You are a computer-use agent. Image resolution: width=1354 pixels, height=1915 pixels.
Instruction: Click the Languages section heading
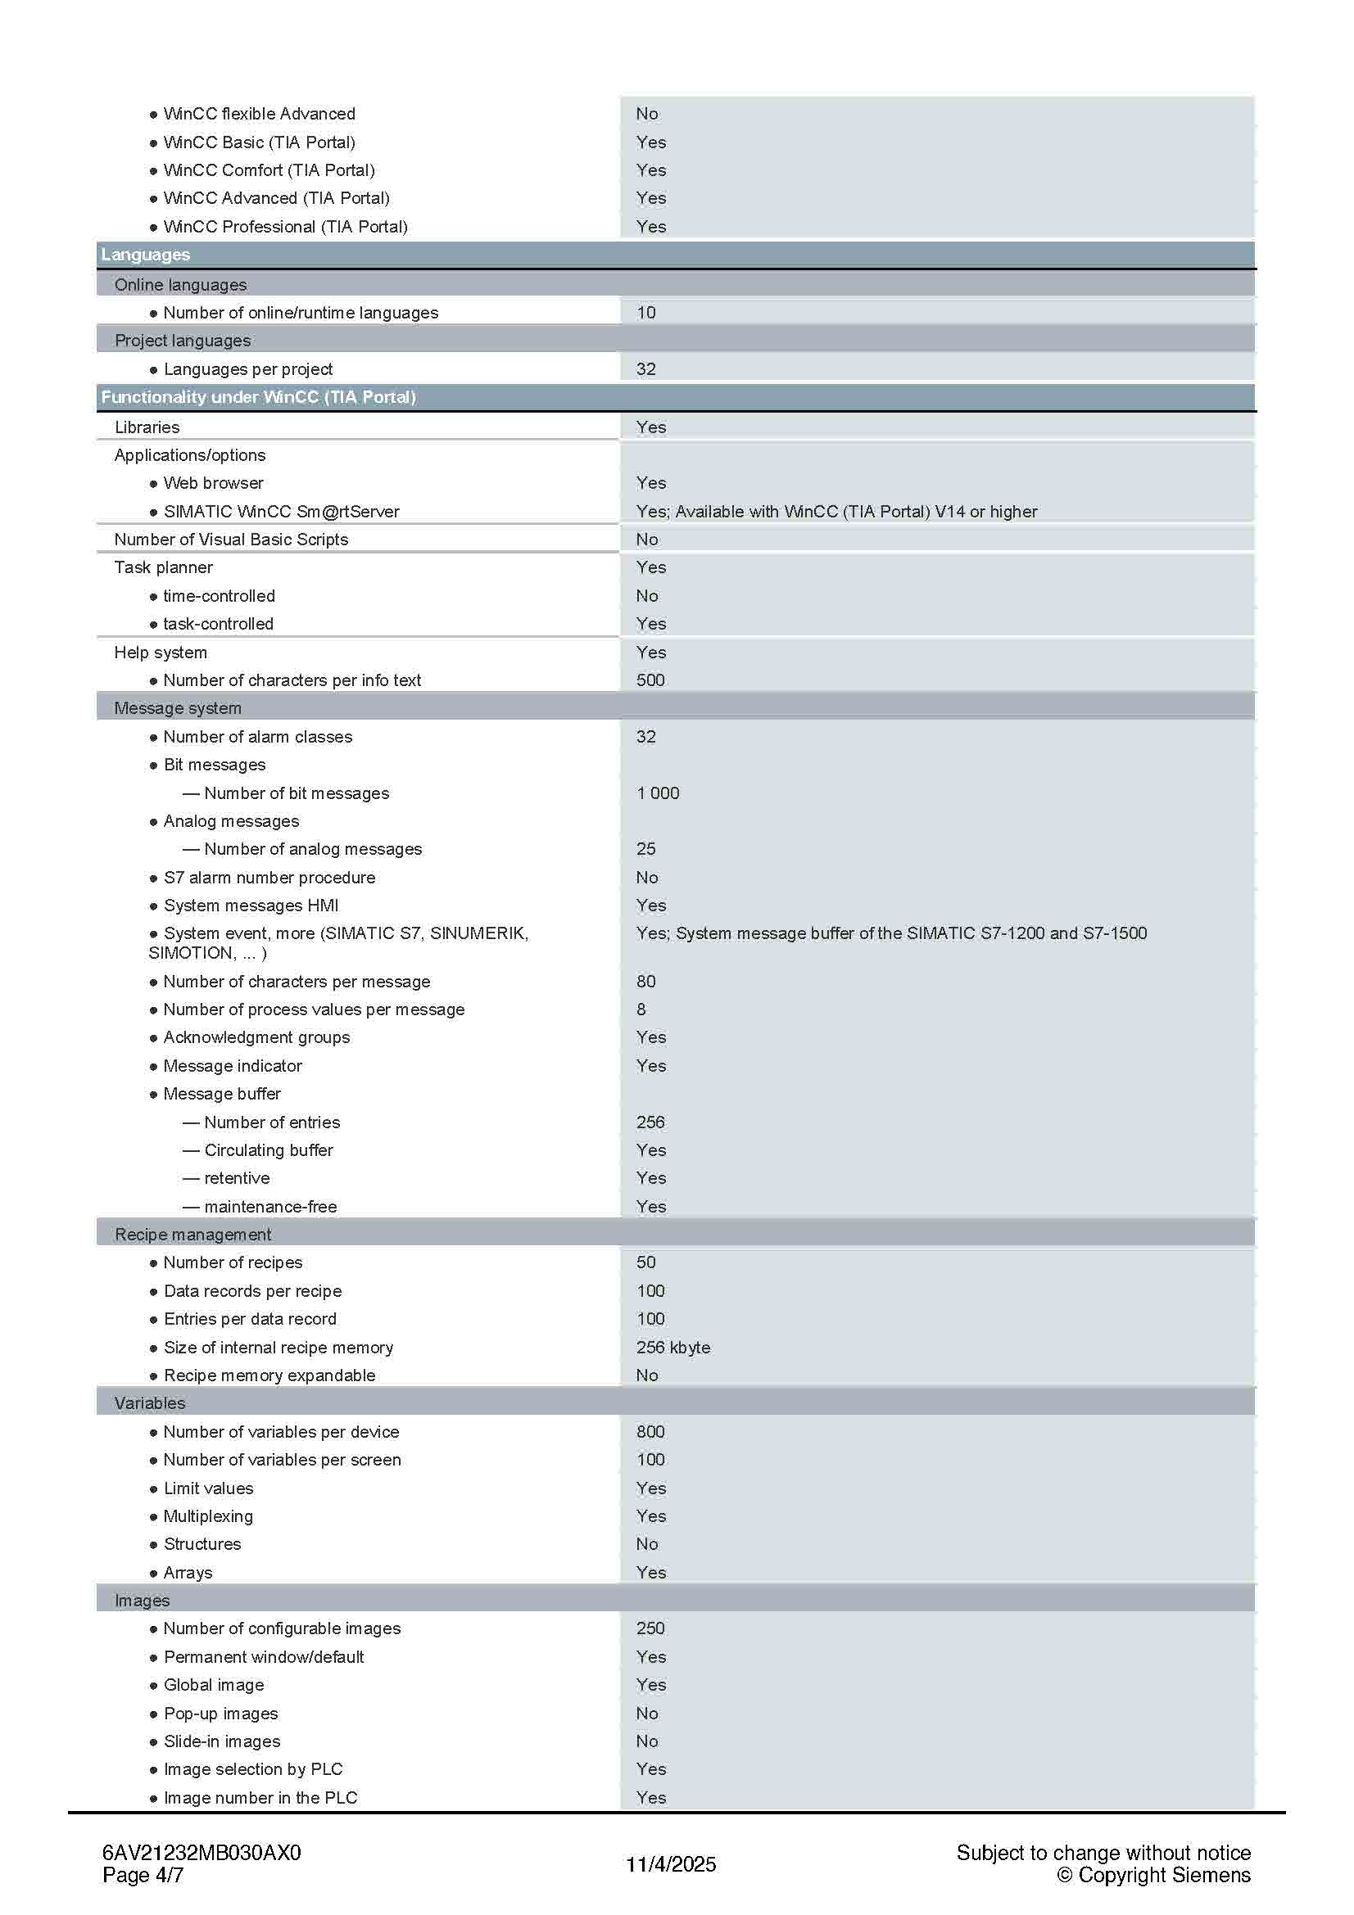(x=145, y=255)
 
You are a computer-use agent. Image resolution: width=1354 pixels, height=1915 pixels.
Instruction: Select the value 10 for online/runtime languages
(x=645, y=313)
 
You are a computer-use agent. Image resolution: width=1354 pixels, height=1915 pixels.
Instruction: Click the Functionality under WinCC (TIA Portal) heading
(x=259, y=397)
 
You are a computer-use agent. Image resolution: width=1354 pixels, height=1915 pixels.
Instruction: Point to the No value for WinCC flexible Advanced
(x=646, y=114)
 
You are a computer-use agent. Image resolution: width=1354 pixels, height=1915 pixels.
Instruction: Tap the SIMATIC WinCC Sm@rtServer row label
(x=281, y=511)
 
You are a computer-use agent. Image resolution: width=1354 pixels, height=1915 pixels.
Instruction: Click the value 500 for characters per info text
(x=650, y=680)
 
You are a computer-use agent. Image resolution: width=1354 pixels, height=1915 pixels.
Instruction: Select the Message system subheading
(x=178, y=708)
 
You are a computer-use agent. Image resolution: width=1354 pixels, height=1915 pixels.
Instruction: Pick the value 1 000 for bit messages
(x=658, y=793)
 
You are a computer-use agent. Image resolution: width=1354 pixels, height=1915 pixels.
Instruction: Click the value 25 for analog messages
(x=645, y=849)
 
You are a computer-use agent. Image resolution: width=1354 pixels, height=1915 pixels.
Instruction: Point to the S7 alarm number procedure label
(x=269, y=878)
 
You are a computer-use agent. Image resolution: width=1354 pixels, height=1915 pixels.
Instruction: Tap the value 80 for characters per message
(x=645, y=982)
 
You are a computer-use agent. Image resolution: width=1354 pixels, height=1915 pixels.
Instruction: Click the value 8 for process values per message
(x=641, y=1009)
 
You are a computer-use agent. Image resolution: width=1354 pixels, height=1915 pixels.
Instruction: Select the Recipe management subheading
(x=192, y=1235)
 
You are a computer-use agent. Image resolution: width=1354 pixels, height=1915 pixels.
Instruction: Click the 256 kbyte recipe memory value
(x=672, y=1347)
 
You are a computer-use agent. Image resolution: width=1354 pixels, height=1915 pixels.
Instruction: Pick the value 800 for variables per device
(x=650, y=1431)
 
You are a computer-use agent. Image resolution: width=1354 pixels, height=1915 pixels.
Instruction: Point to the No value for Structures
(x=646, y=1544)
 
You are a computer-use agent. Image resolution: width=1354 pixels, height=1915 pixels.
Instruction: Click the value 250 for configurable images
(x=650, y=1628)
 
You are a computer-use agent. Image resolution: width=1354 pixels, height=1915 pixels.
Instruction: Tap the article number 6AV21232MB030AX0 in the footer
(x=201, y=1853)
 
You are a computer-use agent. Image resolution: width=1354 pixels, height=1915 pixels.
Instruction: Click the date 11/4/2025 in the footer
(x=671, y=1864)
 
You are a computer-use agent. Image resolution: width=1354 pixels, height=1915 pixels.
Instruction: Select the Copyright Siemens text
(x=1154, y=1875)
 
